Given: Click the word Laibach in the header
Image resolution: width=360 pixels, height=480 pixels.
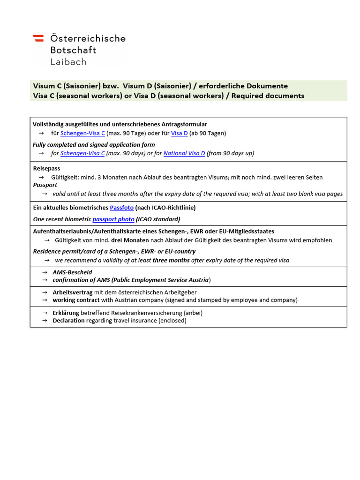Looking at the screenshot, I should [x=68, y=61].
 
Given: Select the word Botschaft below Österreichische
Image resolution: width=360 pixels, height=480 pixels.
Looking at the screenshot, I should [x=73, y=50].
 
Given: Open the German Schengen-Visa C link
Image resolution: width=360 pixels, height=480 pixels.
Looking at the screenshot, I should [x=82, y=133].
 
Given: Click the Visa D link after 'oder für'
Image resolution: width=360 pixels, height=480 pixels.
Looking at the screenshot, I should [x=180, y=133].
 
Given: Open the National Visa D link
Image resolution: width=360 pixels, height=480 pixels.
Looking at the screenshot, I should [x=184, y=153].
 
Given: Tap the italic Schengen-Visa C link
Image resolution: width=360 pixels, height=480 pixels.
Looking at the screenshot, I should [x=82, y=153].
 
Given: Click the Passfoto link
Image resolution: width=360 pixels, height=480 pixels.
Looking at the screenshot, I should [x=122, y=208].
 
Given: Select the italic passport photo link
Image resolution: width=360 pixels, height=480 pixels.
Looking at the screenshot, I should [x=113, y=219].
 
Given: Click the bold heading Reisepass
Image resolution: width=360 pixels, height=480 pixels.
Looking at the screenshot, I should [x=46, y=168].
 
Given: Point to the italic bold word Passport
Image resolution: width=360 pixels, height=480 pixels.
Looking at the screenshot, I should [x=45, y=185].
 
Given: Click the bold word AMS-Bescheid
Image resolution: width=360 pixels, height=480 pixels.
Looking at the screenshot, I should [x=72, y=272].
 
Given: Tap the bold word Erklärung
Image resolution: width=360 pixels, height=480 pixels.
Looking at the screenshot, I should [x=66, y=313].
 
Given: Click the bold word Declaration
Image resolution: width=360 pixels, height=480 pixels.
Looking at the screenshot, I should [x=68, y=321].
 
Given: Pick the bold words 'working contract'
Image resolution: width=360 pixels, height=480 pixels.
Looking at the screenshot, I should [x=76, y=300].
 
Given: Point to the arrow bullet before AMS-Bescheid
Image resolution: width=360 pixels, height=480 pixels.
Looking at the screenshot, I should [x=45, y=272].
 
